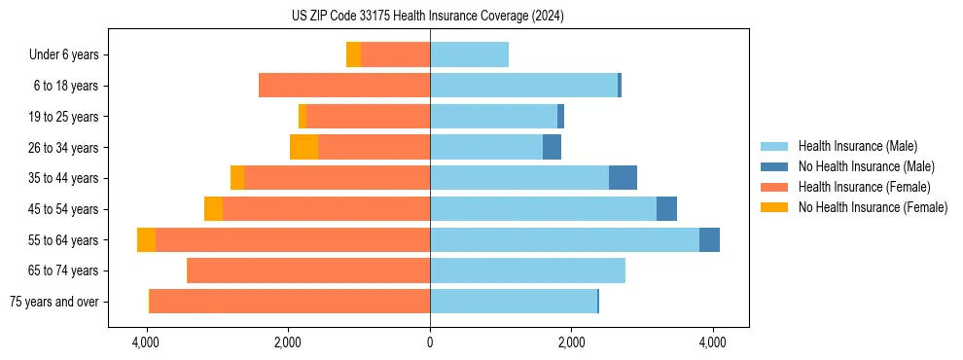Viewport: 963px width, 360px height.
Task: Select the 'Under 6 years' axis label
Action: tap(64, 55)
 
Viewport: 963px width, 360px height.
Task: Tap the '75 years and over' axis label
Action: tap(54, 302)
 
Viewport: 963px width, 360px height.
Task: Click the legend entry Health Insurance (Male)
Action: tap(858, 146)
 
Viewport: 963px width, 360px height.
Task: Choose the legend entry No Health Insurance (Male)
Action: tap(866, 166)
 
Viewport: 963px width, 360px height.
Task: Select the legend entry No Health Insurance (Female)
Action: tap(873, 207)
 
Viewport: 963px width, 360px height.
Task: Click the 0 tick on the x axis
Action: tap(430, 342)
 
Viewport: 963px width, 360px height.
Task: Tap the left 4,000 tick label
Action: tap(147, 342)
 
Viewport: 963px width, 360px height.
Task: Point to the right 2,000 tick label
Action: tap(571, 342)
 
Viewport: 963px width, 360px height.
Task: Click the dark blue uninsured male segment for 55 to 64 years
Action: tap(709, 239)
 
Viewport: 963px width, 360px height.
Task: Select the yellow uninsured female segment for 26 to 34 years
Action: tap(303, 148)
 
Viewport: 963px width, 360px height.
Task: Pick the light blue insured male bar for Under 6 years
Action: tap(469, 55)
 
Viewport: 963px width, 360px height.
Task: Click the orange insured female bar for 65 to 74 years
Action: tap(308, 270)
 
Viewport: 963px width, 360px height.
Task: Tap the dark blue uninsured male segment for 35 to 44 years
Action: tap(623, 178)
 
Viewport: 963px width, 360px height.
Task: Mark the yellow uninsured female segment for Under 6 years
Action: tap(353, 55)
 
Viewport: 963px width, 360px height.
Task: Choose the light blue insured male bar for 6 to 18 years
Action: tap(523, 86)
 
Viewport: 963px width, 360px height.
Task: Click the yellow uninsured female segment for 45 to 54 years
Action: tap(213, 209)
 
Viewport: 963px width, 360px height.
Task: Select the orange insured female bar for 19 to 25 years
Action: tap(369, 117)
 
